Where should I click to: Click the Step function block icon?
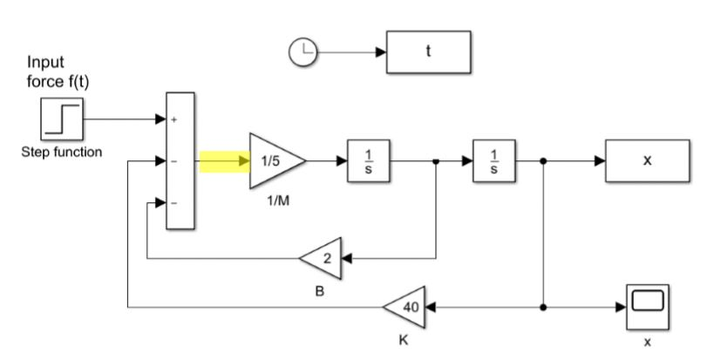62,120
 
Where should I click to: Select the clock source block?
301,52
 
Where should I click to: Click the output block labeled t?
427,52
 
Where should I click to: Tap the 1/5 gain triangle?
273,161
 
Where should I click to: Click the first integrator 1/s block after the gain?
368,161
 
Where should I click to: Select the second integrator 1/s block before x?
493,161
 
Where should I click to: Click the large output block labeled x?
646,161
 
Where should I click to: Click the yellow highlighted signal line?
224,161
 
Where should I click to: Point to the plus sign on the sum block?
173,120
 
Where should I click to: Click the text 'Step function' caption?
62,152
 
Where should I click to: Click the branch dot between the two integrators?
436,161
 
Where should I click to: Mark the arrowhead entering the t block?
380,52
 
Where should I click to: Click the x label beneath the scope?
647,343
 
